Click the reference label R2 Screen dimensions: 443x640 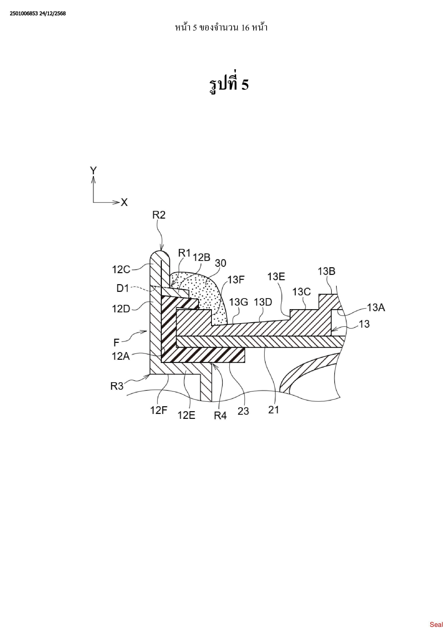point(159,215)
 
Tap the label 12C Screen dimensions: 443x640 point(121,269)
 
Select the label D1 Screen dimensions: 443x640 point(123,288)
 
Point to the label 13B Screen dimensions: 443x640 point(326,271)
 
